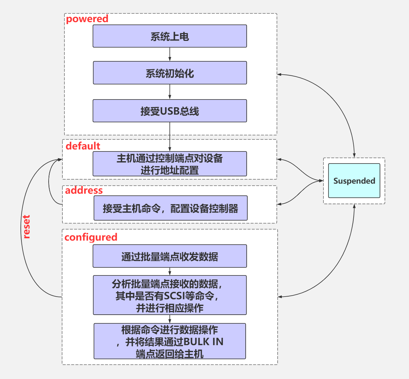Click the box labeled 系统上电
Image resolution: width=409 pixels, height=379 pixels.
170,36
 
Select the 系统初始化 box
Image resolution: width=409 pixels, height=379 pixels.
170,73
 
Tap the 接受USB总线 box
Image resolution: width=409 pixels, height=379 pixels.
170,111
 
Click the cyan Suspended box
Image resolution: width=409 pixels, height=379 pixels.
354,181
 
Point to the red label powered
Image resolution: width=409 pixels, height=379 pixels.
87,19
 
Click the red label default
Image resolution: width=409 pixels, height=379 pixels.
83,146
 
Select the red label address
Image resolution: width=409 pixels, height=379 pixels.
84,190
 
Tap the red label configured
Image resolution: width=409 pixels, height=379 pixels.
91,237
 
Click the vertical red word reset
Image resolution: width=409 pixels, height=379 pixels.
27,227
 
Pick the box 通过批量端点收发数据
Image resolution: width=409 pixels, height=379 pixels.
170,256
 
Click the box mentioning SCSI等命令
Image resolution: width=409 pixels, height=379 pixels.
170,295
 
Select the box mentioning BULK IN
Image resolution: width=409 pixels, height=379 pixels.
170,341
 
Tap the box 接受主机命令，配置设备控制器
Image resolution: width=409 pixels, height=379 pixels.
170,208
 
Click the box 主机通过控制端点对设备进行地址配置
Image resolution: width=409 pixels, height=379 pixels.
170,164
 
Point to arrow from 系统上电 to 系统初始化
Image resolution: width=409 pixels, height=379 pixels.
170,54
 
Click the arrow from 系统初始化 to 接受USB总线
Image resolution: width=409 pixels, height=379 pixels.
170,91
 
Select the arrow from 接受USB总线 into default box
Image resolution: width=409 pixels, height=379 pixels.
170,137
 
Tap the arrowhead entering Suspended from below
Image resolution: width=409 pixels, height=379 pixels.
354,206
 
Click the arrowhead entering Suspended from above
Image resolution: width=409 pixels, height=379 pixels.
354,155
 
